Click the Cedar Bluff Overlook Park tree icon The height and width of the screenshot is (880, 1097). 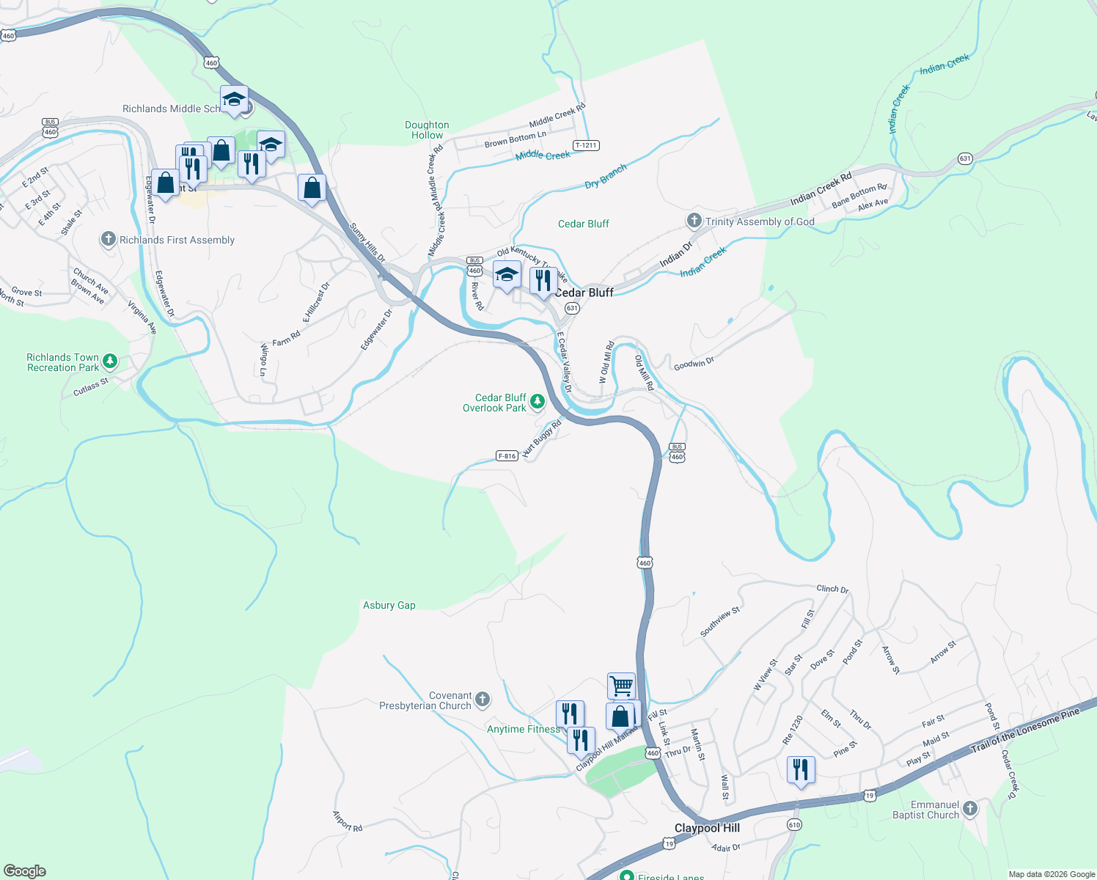point(538,401)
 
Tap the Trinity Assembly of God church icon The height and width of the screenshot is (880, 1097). point(694,221)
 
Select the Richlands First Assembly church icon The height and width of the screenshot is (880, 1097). point(109,239)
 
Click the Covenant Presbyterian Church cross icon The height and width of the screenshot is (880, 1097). point(483,699)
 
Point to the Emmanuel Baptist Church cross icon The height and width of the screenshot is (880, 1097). point(970,809)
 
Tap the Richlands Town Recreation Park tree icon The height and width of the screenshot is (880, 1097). point(110,360)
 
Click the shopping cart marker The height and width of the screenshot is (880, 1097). point(621,686)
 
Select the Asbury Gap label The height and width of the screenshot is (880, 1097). point(389,605)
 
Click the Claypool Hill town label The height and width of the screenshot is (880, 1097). point(707,828)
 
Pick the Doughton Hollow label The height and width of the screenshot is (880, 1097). point(427,130)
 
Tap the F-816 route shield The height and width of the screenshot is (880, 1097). point(507,455)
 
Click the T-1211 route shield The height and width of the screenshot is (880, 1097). point(586,145)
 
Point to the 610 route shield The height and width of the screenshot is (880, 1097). point(794,824)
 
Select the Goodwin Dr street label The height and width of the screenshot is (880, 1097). point(694,362)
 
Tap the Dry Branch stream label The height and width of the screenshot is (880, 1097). point(606,176)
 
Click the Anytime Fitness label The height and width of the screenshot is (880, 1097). point(524,729)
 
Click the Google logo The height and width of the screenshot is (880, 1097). point(24,870)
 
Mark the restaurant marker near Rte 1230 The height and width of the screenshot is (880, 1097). point(800,771)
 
